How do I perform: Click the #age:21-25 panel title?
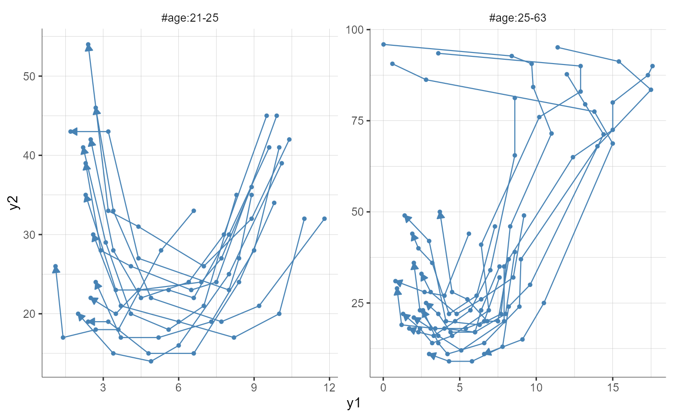point(190,19)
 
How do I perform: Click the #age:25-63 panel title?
point(518,19)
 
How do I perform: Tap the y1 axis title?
point(354,404)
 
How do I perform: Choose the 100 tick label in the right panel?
point(356,30)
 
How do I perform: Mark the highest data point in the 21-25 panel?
point(88,44)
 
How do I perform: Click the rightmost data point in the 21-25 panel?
point(324,219)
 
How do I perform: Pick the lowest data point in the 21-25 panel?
point(151,361)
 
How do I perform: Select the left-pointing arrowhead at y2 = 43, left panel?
point(74,131)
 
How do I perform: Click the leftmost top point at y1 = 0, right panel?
point(383,44)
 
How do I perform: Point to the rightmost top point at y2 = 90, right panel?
point(652,66)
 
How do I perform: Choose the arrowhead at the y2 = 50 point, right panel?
point(440,215)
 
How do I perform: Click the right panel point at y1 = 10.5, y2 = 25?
point(544,303)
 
